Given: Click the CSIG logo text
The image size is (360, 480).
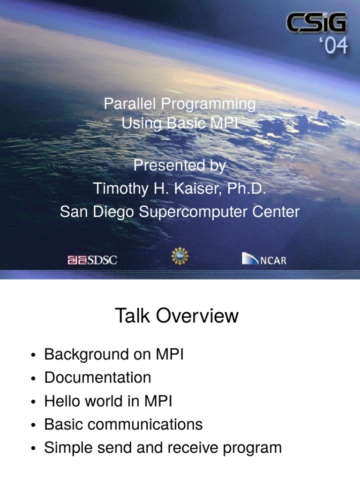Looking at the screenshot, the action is coord(316,22).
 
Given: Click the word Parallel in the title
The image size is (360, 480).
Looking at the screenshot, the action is coord(130,104).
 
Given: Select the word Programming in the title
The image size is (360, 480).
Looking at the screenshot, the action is coord(208,105).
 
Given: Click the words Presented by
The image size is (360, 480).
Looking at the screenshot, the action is coord(180,166).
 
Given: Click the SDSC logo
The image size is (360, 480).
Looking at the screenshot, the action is coord(92,260).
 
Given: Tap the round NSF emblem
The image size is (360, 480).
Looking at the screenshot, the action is coord(180,256).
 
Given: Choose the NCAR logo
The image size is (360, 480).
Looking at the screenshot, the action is coord(264,259).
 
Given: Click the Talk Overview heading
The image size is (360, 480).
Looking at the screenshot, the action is coord(177,315).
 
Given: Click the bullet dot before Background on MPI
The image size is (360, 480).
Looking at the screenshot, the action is coord(33,356).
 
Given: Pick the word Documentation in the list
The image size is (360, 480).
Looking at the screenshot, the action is coord(97,377).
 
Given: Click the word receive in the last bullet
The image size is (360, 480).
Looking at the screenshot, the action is coord(193,448).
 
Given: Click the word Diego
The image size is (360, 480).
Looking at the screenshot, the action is coord(113,212).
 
